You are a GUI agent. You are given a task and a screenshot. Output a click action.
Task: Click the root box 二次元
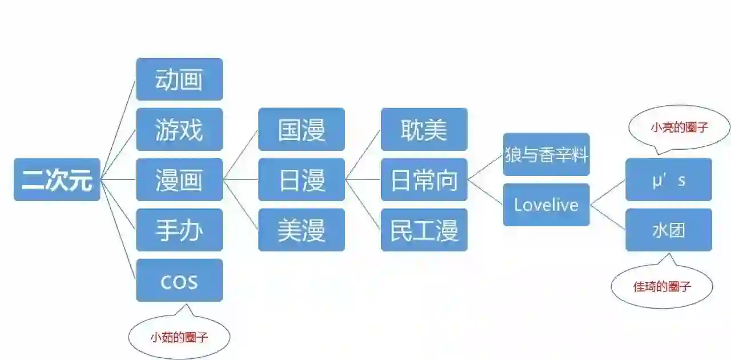(57, 179)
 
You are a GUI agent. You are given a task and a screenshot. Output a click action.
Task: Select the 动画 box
(179, 79)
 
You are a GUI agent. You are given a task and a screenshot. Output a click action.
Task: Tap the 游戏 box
(179, 129)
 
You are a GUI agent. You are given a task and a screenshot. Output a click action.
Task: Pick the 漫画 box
(179, 179)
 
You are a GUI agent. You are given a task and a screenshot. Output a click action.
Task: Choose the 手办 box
(179, 230)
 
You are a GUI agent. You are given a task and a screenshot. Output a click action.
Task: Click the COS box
(179, 280)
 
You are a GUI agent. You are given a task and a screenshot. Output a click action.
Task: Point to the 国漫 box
(302, 129)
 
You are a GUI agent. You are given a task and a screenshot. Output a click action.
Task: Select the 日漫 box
(302, 179)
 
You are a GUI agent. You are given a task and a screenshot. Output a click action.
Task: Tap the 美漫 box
(302, 230)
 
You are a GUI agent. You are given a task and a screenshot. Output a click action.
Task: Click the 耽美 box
(424, 129)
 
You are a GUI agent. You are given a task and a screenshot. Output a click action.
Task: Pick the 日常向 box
(424, 179)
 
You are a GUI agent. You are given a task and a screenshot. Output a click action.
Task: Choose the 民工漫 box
(424, 230)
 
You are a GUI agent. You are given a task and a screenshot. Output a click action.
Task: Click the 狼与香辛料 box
(546, 154)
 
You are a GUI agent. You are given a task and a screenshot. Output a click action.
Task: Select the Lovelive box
(546, 205)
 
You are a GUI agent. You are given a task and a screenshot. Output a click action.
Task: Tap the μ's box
(668, 179)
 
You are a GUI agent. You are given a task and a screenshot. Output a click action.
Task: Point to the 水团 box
(668, 230)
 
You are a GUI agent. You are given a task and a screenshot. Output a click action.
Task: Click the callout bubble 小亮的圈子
(679, 127)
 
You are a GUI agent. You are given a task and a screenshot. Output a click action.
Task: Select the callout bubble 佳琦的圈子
(662, 286)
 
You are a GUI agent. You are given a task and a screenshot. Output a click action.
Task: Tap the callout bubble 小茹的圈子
(179, 337)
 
